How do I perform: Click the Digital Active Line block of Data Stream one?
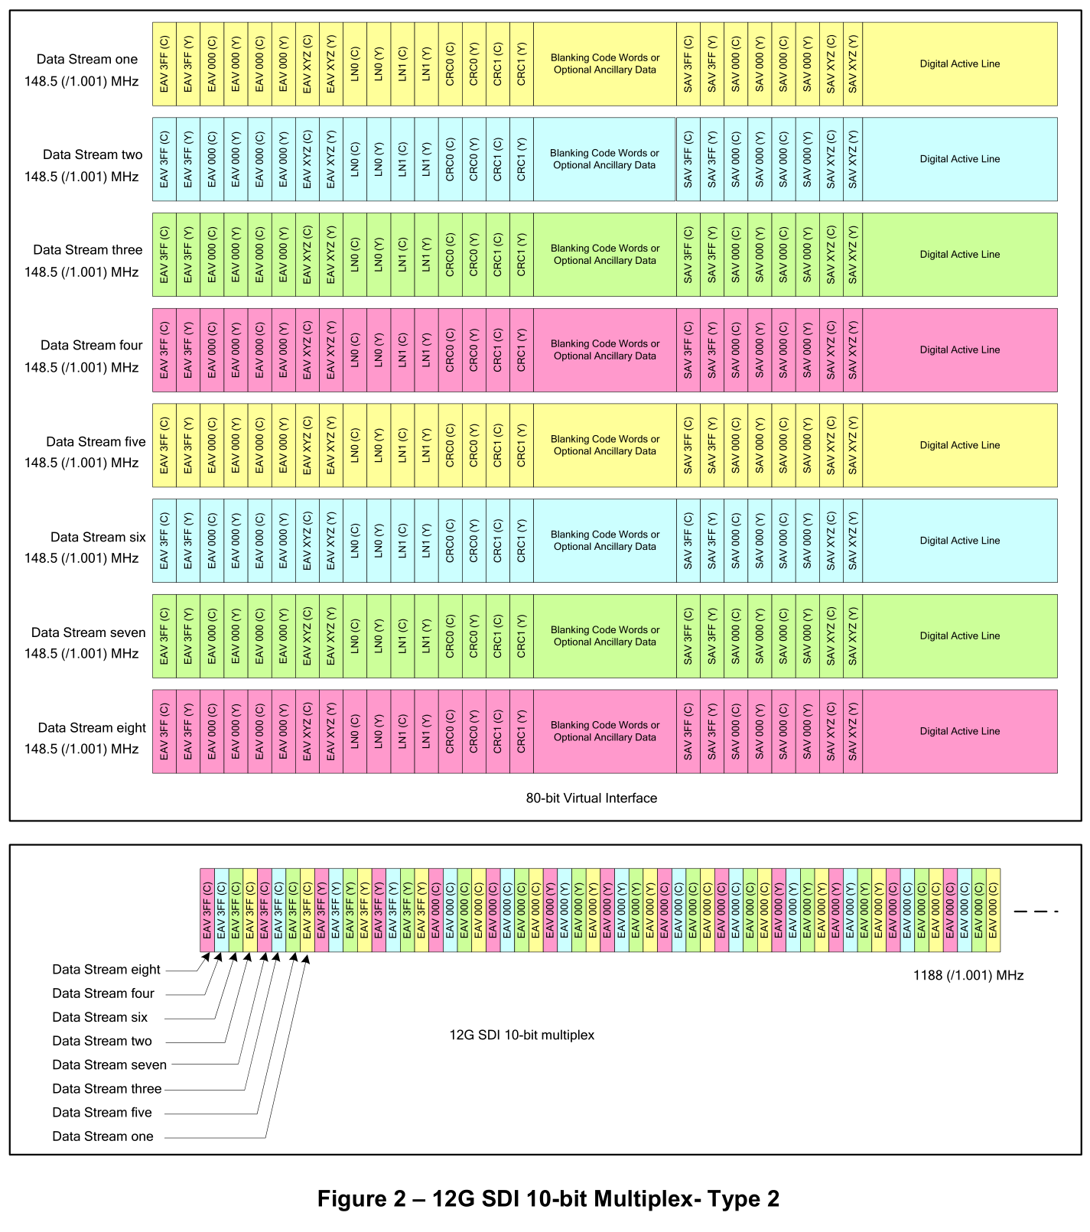[959, 64]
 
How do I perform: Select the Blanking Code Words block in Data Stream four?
[604, 350]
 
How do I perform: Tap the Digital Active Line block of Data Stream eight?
[959, 731]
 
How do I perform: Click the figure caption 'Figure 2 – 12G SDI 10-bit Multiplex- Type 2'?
[548, 1198]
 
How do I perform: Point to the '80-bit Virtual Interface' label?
[591, 798]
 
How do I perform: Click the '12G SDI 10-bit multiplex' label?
[522, 1035]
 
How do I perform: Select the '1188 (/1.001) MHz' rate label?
[968, 976]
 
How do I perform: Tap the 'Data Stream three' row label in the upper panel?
[87, 250]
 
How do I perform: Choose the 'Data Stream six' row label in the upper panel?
[98, 538]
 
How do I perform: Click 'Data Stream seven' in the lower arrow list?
[109, 1065]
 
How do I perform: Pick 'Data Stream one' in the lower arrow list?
[102, 1136]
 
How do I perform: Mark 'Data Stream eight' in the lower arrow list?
[106, 970]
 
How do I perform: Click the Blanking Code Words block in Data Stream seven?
[604, 636]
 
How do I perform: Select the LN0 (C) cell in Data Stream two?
[355, 159]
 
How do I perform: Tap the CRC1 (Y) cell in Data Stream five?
[521, 445]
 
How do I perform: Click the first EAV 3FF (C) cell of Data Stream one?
[164, 64]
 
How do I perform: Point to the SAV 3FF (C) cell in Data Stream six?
[688, 541]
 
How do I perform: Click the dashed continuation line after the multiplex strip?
[1036, 911]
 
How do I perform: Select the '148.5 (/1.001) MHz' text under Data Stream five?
[81, 463]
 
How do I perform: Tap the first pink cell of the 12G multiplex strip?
[207, 910]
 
